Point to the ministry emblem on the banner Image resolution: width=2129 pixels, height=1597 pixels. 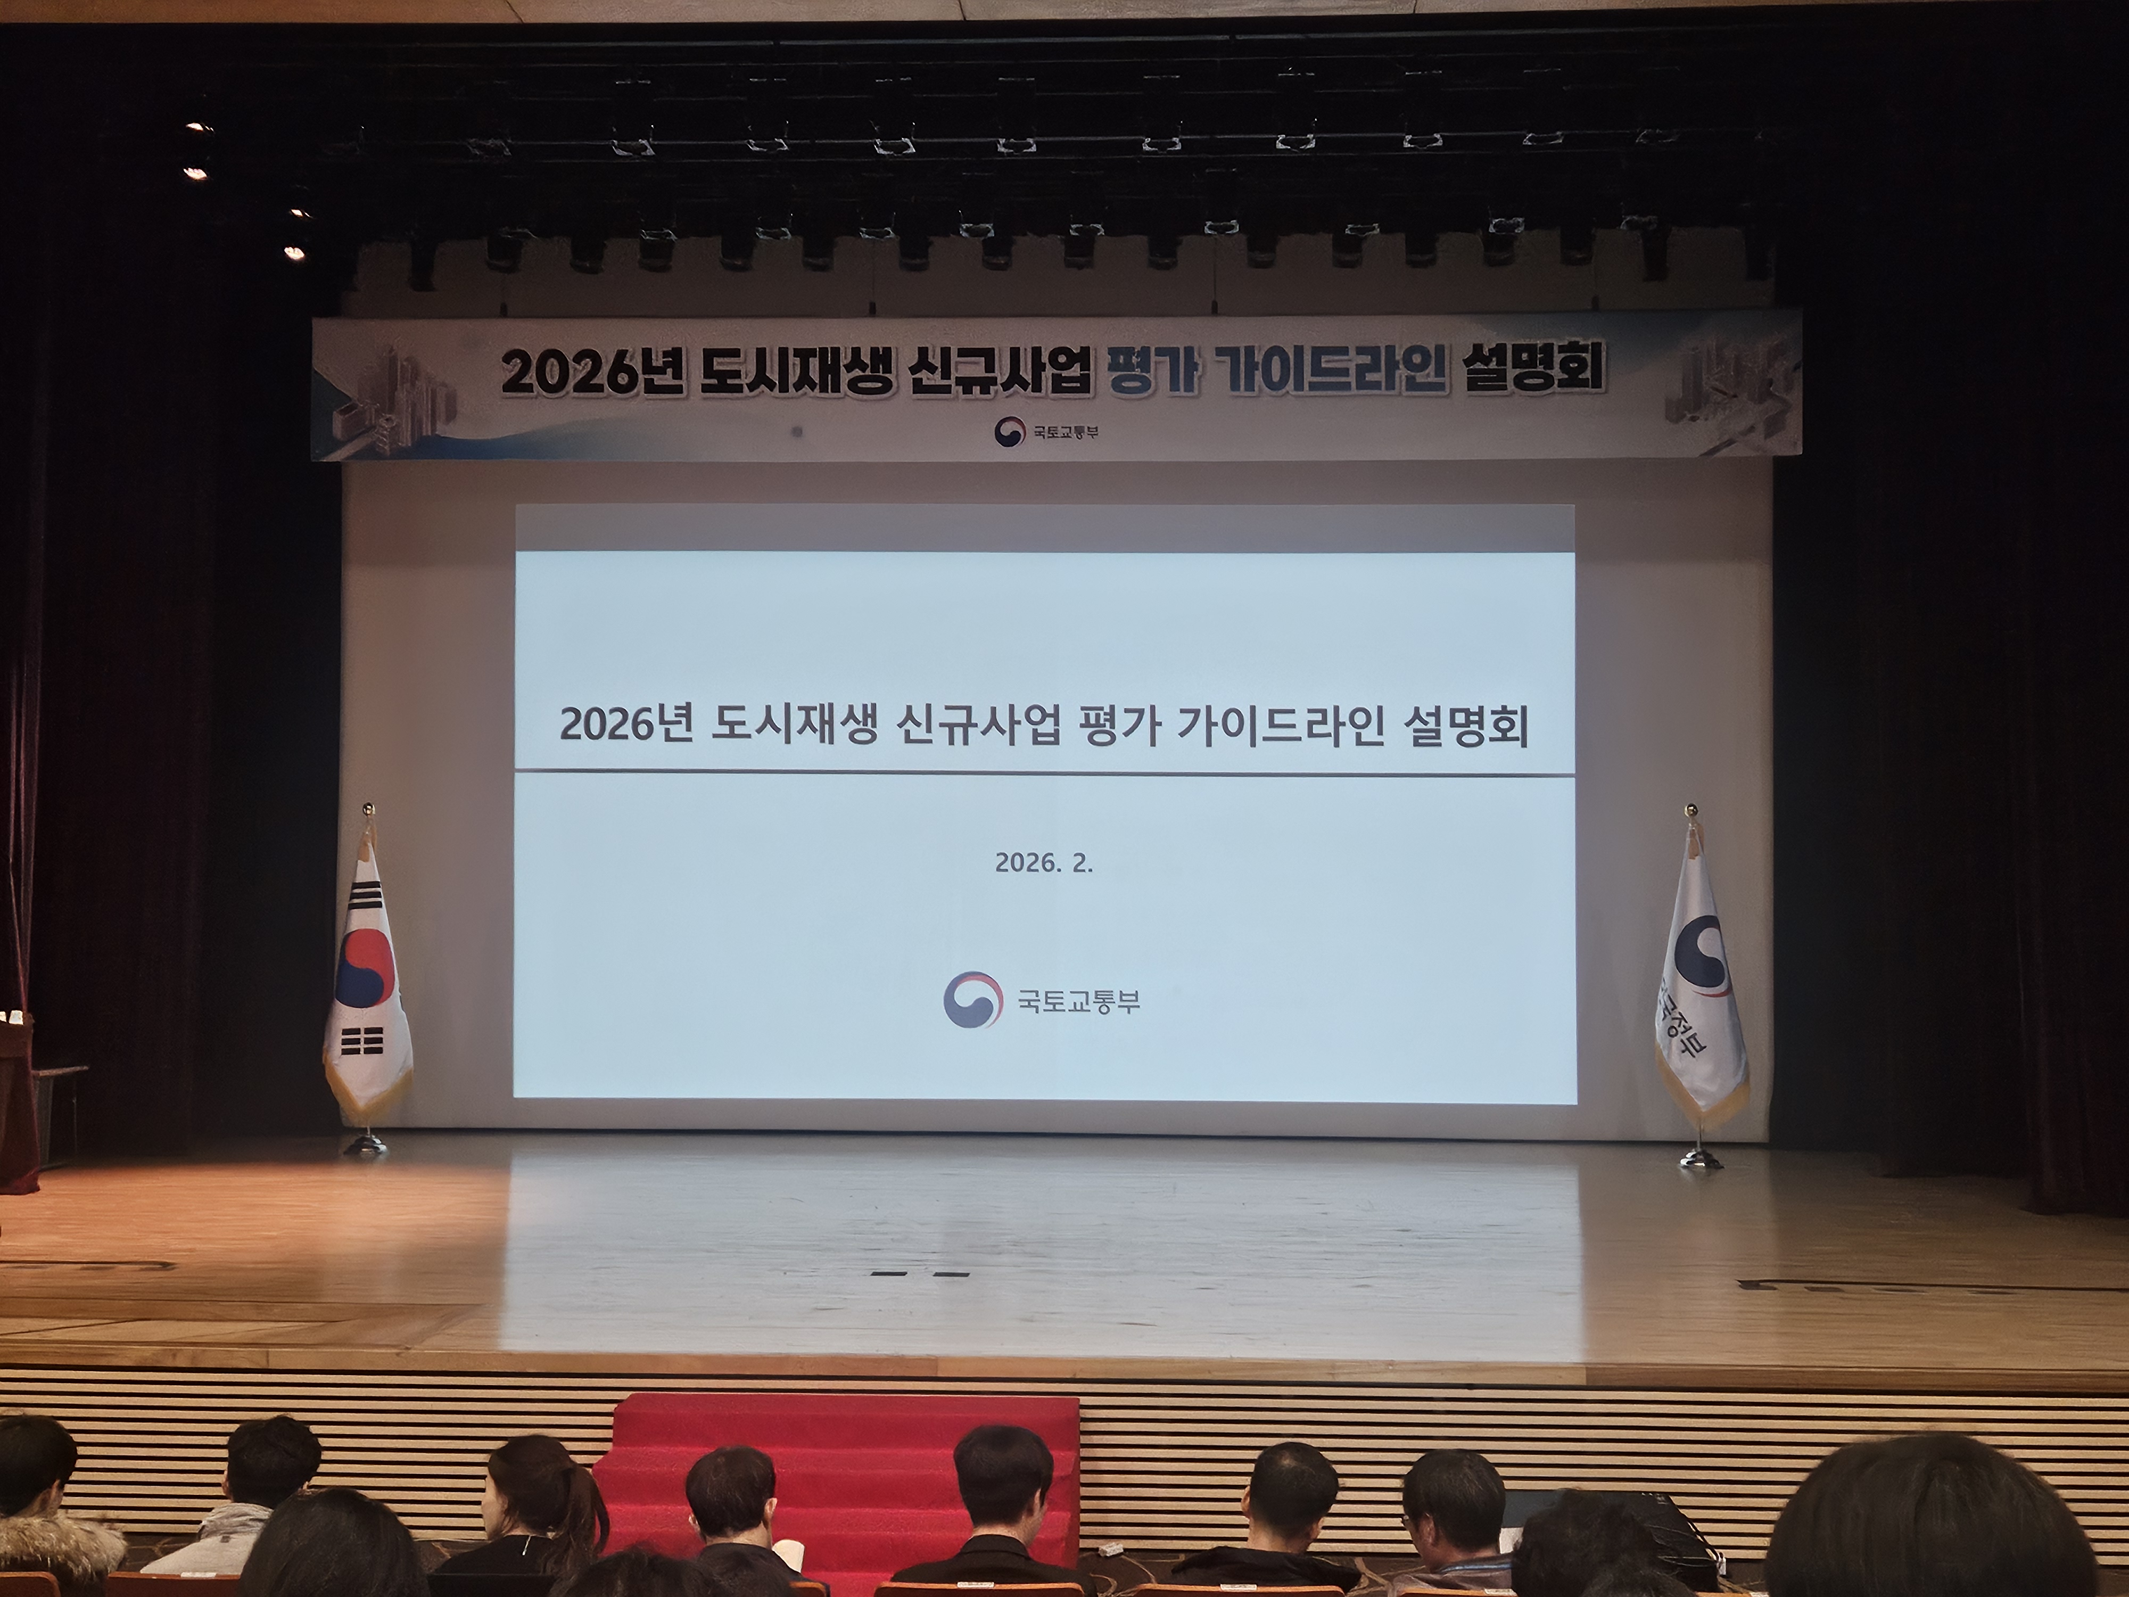(x=1009, y=430)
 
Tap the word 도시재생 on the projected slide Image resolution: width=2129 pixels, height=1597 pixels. (x=794, y=725)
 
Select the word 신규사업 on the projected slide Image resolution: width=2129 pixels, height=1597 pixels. (x=979, y=725)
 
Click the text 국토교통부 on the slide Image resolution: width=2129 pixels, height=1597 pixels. (x=1079, y=1001)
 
